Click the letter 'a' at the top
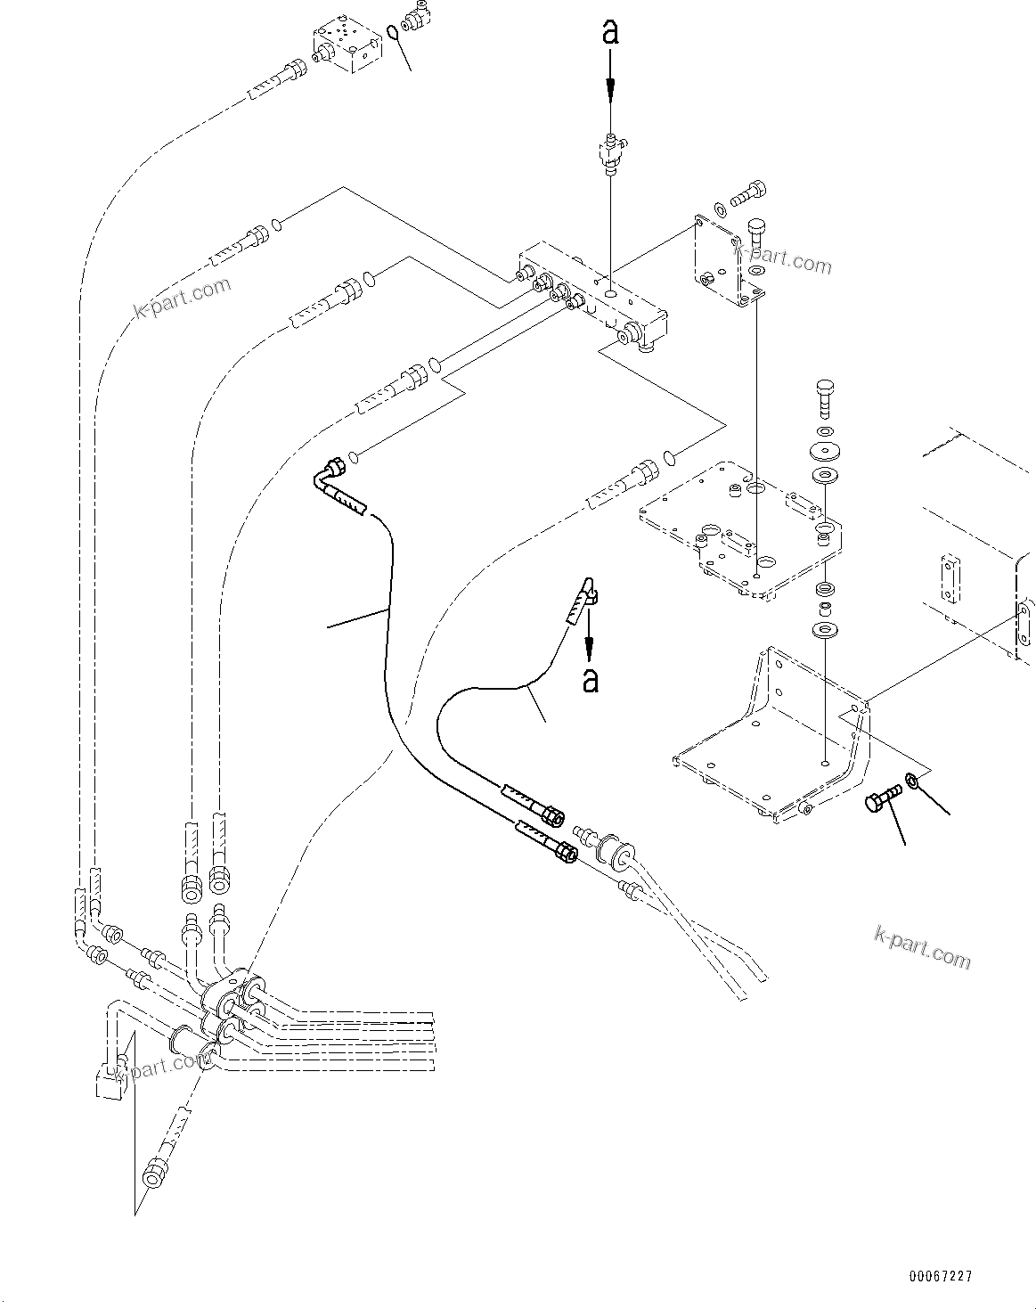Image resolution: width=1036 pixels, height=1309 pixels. (x=610, y=33)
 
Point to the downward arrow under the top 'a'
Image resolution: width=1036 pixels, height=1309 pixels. (x=610, y=85)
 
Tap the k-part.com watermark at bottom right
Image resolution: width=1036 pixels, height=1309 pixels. (x=922, y=946)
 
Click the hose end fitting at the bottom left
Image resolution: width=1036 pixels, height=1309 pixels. (x=156, y=1170)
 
